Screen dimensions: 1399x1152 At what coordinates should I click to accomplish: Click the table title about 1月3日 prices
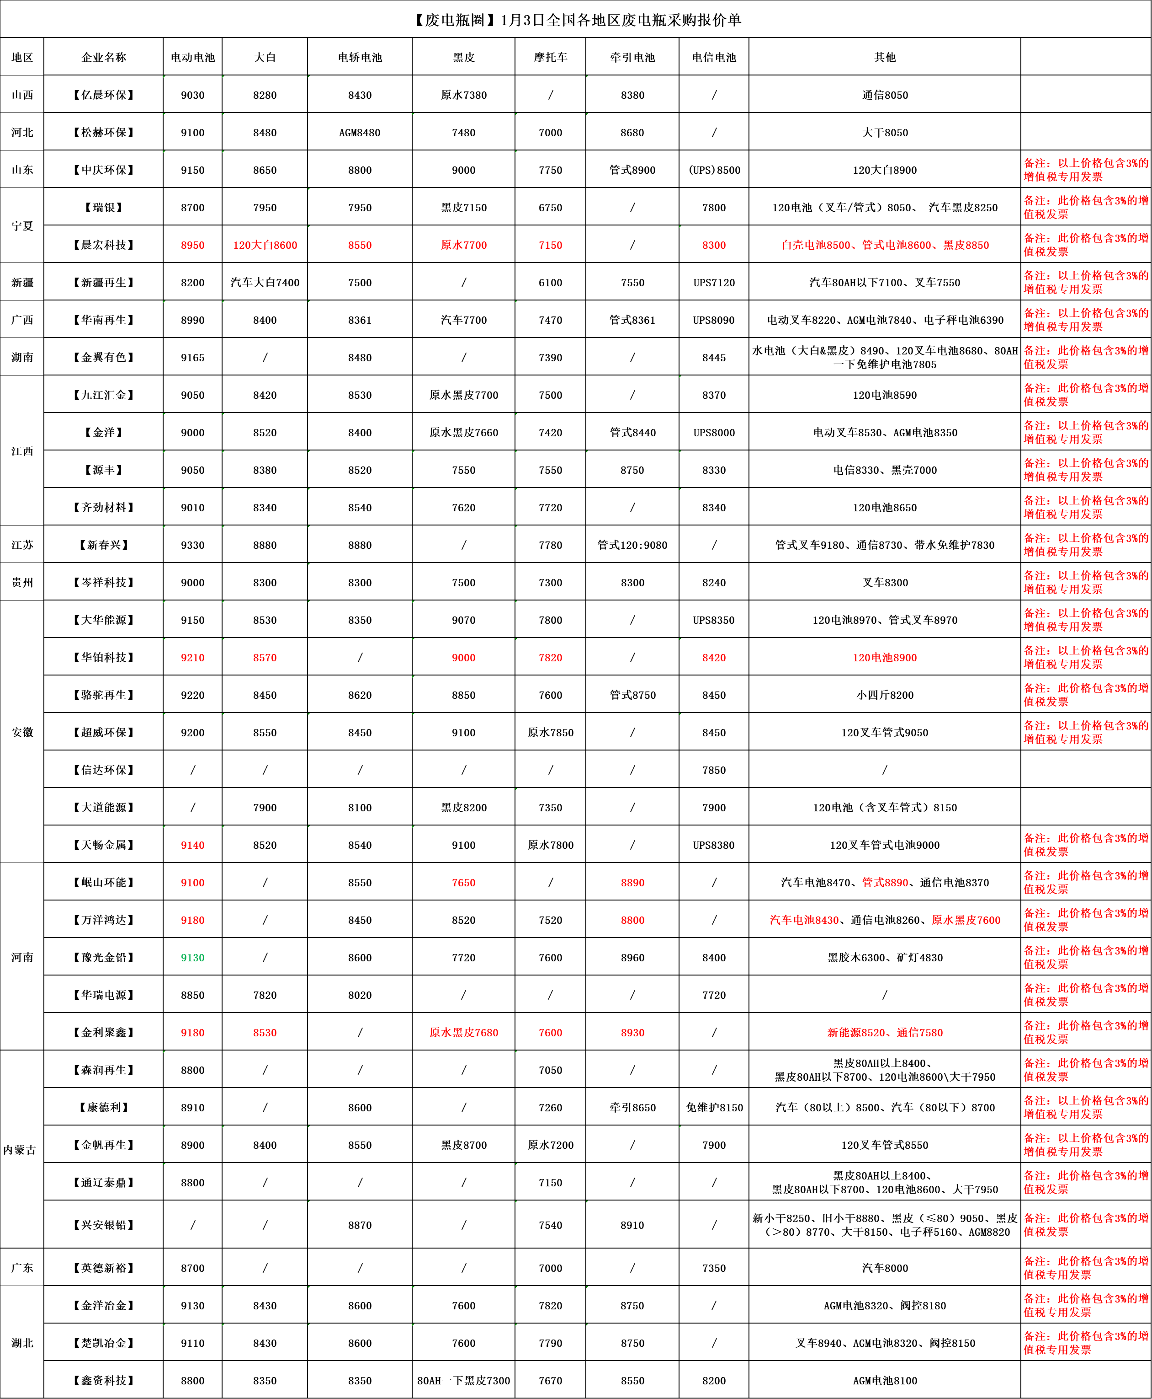(x=576, y=20)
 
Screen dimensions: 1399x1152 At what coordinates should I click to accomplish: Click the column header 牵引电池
(x=632, y=57)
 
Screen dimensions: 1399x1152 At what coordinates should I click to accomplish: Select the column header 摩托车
(x=550, y=57)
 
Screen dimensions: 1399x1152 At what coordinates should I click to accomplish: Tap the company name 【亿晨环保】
(x=104, y=95)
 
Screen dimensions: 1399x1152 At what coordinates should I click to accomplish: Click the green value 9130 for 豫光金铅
(x=192, y=958)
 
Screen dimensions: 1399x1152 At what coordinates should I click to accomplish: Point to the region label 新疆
(x=22, y=282)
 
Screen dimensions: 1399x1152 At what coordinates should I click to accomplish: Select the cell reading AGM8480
(x=360, y=132)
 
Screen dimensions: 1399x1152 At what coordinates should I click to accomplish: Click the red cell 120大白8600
(x=265, y=245)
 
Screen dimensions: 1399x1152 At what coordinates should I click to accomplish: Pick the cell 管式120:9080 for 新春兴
(x=632, y=545)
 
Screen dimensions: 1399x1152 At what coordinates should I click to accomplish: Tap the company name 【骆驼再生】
(x=104, y=695)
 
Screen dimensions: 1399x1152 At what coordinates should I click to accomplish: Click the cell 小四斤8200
(x=885, y=695)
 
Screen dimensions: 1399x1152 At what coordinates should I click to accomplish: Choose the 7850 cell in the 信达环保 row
(x=714, y=770)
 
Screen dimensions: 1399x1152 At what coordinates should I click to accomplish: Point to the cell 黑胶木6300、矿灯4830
(x=885, y=958)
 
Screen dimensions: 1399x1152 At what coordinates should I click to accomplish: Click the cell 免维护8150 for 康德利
(x=714, y=1108)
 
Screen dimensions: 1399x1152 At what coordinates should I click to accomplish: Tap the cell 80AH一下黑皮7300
(x=463, y=1380)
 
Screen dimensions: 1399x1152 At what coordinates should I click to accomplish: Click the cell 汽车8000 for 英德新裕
(x=885, y=1268)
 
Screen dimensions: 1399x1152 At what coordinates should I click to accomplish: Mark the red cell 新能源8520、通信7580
(x=885, y=1033)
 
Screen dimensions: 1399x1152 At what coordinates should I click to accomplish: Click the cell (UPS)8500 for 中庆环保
(x=714, y=170)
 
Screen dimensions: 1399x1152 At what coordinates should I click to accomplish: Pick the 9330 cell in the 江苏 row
(x=192, y=545)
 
